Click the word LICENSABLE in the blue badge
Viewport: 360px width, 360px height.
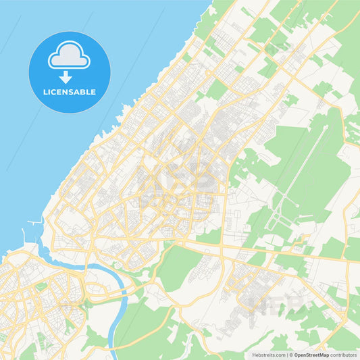point(70,92)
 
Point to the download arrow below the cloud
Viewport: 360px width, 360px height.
point(69,76)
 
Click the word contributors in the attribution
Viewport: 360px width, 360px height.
point(344,354)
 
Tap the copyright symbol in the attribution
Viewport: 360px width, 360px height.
point(290,354)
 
